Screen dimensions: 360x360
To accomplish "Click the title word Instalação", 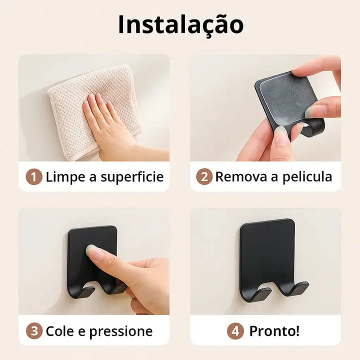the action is pos(180,24).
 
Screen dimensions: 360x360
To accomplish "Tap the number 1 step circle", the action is pos(34,177).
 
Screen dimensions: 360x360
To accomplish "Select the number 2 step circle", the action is pos(204,176).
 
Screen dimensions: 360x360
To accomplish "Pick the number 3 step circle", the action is pos(34,331).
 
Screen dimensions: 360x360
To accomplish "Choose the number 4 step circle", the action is pos(235,331).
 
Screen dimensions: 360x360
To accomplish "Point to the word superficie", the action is pos(132,177).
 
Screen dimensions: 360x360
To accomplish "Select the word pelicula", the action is pos(307,177).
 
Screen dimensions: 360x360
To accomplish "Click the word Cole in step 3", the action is pos(60,331).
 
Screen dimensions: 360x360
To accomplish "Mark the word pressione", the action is pos(121,331).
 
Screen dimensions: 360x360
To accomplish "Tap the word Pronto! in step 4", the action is pos(274,331).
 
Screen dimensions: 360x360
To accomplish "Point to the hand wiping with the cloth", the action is pos(110,124).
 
